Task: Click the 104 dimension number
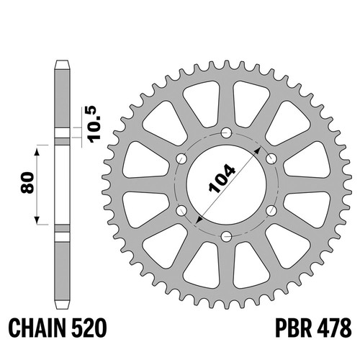click(x=222, y=179)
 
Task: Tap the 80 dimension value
click(x=27, y=182)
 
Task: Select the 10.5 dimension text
click(x=91, y=124)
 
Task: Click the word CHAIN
click(x=36, y=328)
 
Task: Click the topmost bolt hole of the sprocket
click(x=226, y=132)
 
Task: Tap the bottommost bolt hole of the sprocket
click(x=226, y=237)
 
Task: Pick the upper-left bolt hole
click(x=181, y=158)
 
